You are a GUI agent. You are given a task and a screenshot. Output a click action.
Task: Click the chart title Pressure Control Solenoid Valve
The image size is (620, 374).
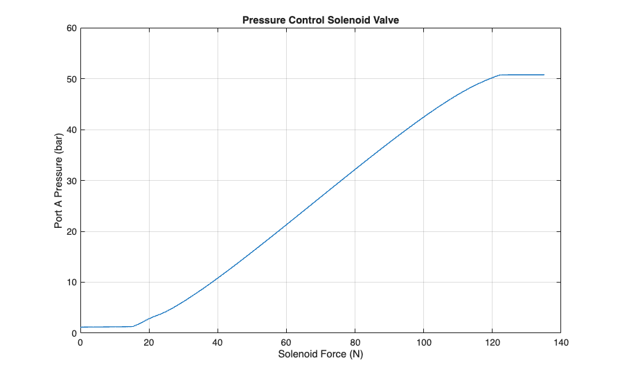[x=320, y=20]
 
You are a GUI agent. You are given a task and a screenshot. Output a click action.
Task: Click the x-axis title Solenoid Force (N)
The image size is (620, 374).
[x=320, y=355]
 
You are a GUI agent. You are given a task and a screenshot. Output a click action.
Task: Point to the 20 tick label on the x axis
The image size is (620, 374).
[x=149, y=342]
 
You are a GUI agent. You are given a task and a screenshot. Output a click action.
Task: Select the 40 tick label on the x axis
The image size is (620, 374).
[x=218, y=342]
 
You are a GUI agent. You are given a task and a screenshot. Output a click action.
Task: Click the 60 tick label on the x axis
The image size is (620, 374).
[x=286, y=342]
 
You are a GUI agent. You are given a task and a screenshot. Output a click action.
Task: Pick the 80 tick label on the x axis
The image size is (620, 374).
[x=355, y=342]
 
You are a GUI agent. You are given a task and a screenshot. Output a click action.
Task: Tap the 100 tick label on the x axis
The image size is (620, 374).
[x=423, y=342]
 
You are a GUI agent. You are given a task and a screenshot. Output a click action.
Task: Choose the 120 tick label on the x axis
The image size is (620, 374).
[x=492, y=342]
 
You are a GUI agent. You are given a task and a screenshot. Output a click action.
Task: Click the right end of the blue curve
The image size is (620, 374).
[x=544, y=75]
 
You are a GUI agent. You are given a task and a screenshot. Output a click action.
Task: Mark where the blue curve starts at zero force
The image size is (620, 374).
[x=81, y=327]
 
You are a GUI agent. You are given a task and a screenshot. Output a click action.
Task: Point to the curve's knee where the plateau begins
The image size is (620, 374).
[x=499, y=75]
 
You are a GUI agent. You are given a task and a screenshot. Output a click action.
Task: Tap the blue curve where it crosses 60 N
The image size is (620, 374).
[x=286, y=224]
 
